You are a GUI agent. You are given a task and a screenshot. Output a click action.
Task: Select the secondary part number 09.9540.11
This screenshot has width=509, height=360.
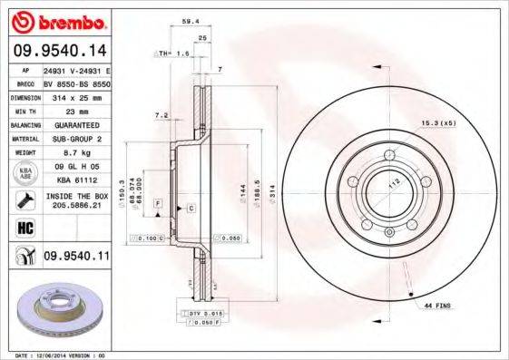(x=76, y=257)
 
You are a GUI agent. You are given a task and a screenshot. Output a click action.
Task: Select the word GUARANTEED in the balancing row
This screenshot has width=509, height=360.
(x=71, y=124)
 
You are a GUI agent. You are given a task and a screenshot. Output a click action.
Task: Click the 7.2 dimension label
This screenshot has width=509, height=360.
(x=162, y=115)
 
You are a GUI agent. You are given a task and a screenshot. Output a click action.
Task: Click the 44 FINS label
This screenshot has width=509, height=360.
(x=437, y=307)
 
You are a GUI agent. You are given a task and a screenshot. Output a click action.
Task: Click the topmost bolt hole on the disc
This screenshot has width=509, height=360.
(x=387, y=154)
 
